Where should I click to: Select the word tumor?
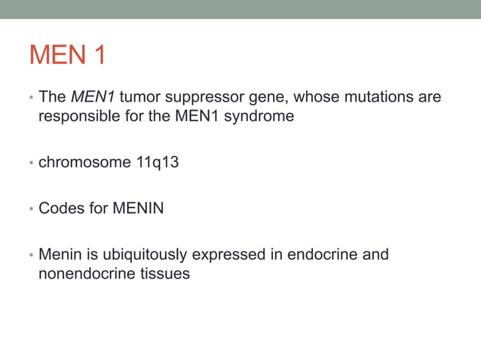tap(139, 97)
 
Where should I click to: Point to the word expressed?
tap(230, 255)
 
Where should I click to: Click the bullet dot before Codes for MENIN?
tap(31, 209)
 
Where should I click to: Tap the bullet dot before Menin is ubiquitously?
tap(31, 255)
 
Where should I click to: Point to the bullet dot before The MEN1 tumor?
tap(31, 98)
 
